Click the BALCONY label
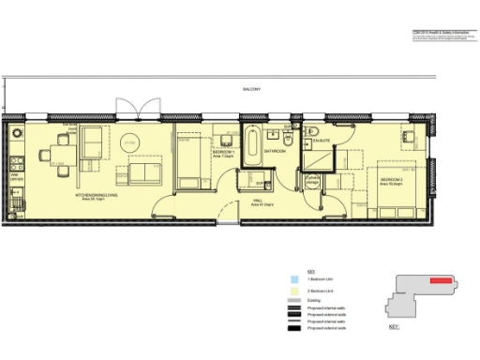[x=250, y=90]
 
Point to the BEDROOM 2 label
[x=391, y=178]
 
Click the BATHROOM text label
[x=274, y=150]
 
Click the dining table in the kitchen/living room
[x=60, y=150]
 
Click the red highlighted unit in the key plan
[x=442, y=280]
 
